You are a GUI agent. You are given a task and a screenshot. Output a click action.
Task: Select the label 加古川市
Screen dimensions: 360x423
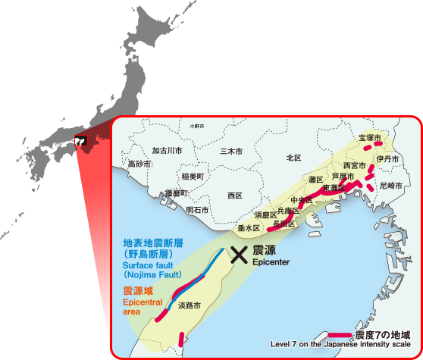click(x=167, y=151)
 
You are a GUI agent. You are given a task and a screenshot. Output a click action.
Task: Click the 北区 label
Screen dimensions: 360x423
click(x=293, y=158)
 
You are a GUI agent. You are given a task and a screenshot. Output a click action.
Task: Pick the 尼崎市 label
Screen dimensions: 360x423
click(x=392, y=185)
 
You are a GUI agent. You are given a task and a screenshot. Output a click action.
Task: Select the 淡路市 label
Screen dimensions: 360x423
click(x=189, y=306)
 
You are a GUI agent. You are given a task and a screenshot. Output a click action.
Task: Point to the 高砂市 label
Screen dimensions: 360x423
click(x=139, y=164)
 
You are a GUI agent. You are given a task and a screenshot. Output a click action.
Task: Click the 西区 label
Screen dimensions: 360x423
click(x=234, y=196)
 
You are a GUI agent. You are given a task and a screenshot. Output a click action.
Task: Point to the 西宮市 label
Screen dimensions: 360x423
click(x=355, y=165)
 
